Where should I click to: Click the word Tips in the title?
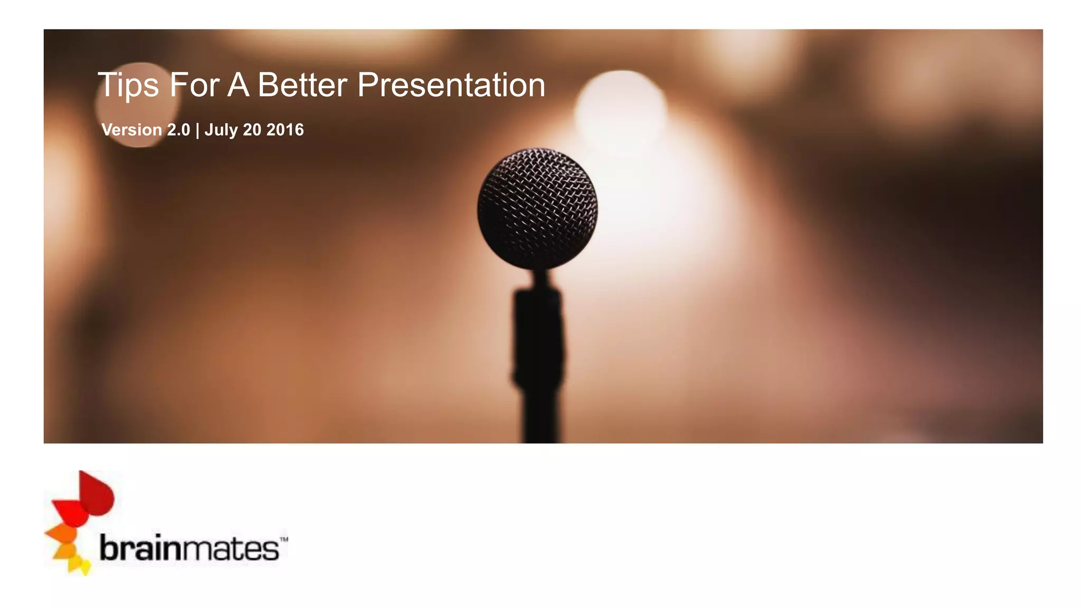[128, 85]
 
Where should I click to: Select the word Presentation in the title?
[451, 85]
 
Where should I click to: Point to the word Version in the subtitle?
[131, 130]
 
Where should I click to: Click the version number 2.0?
[178, 130]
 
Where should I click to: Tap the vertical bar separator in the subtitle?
[197, 130]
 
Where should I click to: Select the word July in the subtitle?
[221, 130]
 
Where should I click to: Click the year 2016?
[285, 130]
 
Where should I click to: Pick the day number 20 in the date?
[252, 130]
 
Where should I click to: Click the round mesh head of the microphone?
[537, 208]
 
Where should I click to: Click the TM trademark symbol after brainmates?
[283, 540]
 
